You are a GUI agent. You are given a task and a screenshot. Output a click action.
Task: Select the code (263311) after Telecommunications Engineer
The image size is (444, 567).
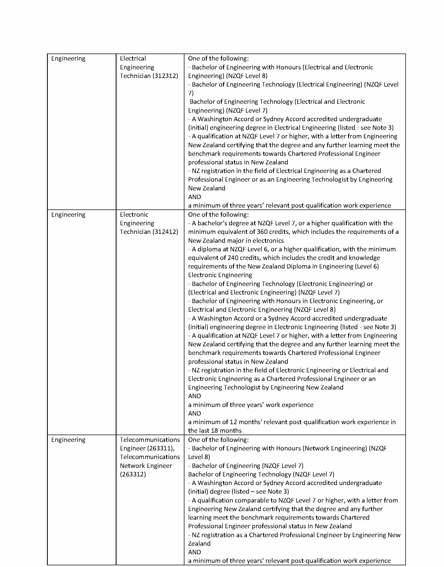coord(163,448)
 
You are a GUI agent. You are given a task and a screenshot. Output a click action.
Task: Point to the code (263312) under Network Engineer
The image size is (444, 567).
coord(133,474)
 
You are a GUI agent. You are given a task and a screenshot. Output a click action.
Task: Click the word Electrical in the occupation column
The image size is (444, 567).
coord(133,58)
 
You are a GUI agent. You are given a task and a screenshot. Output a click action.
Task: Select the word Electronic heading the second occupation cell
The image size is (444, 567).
coord(134,215)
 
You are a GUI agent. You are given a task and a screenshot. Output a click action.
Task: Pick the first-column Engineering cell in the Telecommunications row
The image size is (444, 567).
coord(68,440)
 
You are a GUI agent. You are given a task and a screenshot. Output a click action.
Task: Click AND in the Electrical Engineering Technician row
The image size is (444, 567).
coord(194,197)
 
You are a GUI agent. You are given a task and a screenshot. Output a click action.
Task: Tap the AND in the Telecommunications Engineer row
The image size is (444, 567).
coord(194,552)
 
